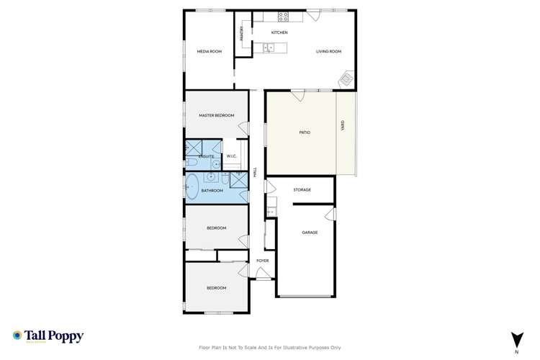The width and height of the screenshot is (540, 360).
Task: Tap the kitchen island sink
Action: tap(269, 48)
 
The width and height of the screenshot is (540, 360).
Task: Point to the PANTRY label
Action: tap(242, 34)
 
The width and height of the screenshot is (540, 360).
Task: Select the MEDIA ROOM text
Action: tap(210, 51)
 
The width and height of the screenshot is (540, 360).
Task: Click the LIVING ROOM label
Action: tap(328, 51)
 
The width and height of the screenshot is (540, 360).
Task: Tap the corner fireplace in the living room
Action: tap(347, 79)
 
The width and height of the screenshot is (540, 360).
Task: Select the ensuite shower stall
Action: tap(192, 149)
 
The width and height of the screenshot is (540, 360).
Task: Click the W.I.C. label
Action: tap(232, 156)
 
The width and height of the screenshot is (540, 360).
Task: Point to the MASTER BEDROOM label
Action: tap(217, 115)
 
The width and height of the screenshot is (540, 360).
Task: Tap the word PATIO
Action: tap(305, 132)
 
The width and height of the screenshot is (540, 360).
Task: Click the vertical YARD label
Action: tap(342, 125)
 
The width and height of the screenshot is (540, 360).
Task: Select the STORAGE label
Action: tap(302, 189)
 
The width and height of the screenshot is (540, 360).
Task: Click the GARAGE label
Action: tap(310, 232)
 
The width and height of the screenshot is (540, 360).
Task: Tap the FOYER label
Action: tap(263, 260)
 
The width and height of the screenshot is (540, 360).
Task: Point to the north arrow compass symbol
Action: tap(516, 341)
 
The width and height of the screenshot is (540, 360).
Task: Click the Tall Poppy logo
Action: tap(48, 336)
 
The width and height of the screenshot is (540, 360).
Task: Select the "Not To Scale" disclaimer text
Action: tap(270, 348)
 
